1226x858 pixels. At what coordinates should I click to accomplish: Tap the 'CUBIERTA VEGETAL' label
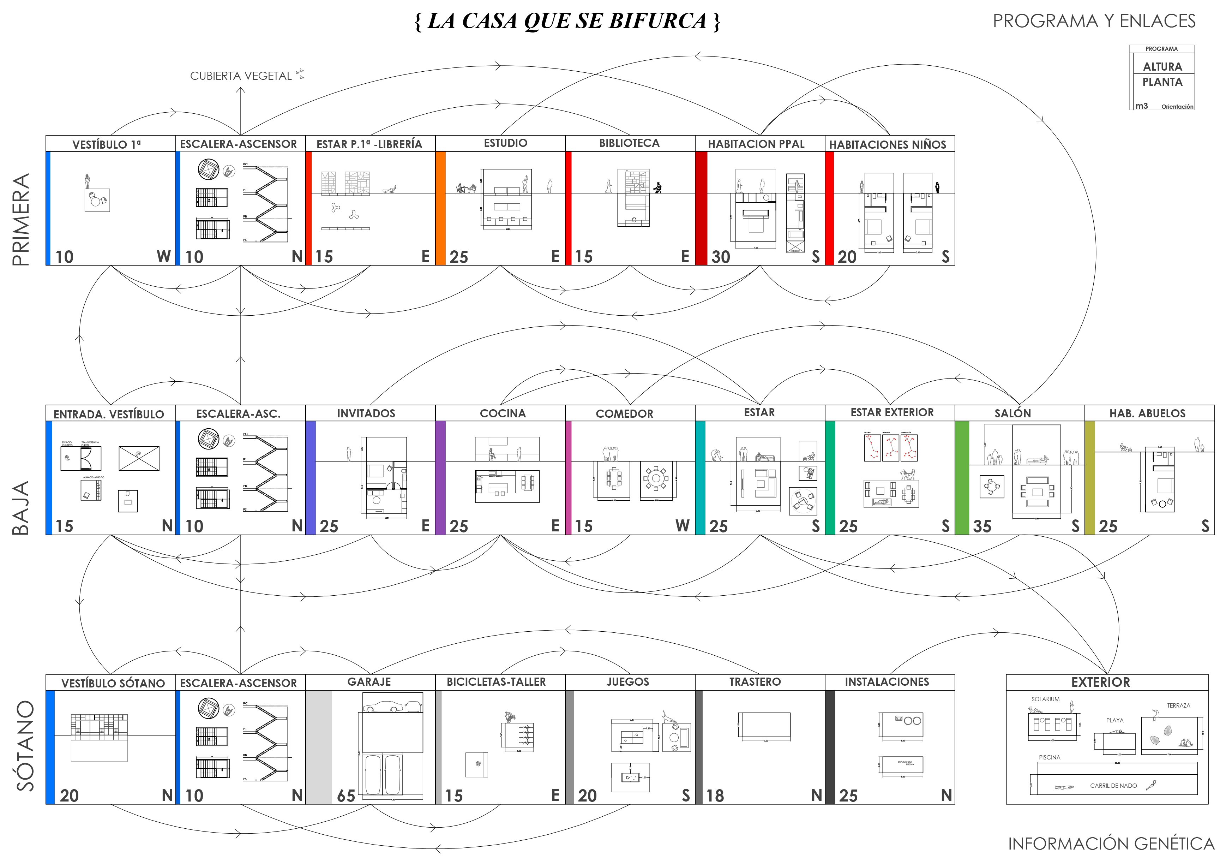click(241, 76)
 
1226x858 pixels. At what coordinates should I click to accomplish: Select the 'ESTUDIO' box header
click(505, 143)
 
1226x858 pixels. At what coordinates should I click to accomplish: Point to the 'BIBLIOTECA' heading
click(629, 143)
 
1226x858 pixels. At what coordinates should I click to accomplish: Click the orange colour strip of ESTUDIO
click(440, 208)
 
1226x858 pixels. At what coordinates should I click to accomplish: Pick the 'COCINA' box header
click(503, 413)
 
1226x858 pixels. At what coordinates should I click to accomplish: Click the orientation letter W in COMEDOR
click(682, 526)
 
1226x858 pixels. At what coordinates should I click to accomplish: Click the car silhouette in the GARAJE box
click(383, 707)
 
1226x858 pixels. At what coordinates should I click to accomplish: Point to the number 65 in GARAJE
click(346, 796)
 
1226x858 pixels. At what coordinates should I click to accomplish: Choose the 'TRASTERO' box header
click(755, 682)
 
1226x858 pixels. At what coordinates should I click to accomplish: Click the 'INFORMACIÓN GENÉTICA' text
click(1111, 844)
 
